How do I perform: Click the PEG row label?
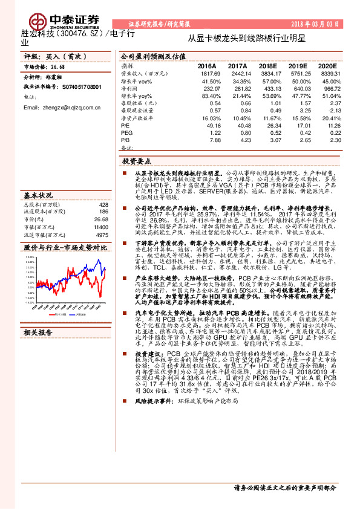(127, 133)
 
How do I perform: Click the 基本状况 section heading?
(38, 196)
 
